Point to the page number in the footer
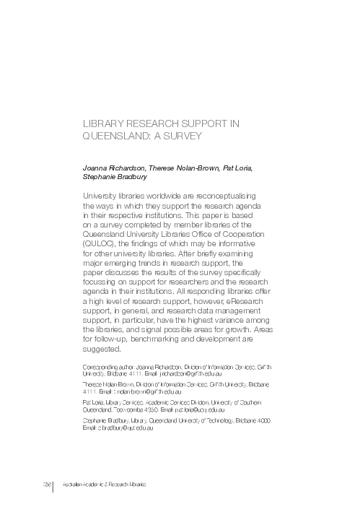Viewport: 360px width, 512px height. (45, 482)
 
